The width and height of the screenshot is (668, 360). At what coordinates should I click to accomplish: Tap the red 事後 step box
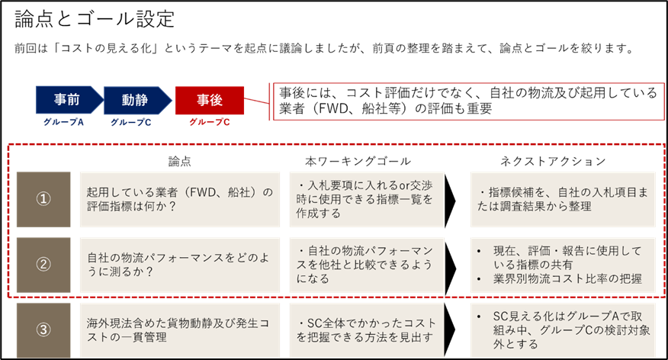click(209, 100)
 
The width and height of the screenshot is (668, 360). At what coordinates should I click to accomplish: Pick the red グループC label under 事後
click(209, 121)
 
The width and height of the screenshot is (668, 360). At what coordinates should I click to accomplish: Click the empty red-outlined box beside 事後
click(466, 101)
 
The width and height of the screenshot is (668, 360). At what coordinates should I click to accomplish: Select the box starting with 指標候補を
click(563, 198)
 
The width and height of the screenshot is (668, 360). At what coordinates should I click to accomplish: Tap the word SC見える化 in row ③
click(519, 317)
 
